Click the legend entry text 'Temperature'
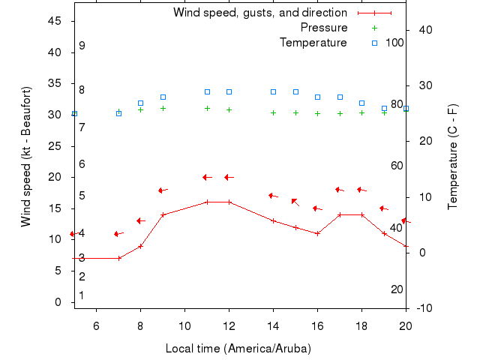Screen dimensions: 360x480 [313, 43]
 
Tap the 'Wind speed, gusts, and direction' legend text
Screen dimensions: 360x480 [259, 13]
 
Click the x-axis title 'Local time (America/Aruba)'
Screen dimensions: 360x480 [238, 349]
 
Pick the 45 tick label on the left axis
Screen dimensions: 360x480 [55, 21]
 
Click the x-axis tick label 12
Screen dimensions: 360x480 [229, 325]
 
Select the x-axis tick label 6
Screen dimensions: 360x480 [96, 325]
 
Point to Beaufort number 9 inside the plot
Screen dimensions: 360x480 [82, 46]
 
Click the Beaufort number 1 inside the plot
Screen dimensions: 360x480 [82, 295]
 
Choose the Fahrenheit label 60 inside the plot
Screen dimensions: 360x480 [397, 166]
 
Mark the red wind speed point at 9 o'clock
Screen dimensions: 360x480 [163, 214]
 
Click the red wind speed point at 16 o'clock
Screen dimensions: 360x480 [318, 233]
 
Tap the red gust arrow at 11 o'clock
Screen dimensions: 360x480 [208, 177]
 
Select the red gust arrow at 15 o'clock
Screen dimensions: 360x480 [295, 201]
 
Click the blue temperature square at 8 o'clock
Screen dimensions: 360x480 [140, 103]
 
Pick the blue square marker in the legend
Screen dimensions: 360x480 [375, 43]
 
